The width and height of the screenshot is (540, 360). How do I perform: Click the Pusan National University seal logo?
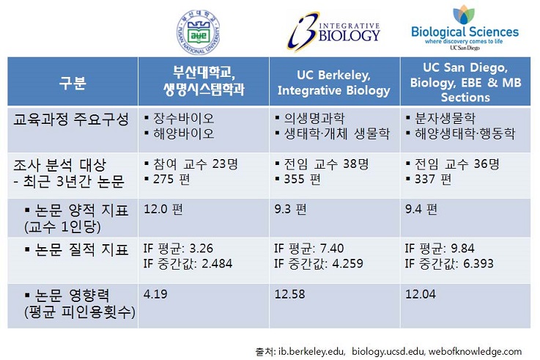(199, 32)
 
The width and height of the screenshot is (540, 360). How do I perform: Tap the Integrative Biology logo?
(333, 32)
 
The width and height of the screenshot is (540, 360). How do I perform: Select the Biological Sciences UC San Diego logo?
(465, 28)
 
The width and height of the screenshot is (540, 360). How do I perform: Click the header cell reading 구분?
(73, 82)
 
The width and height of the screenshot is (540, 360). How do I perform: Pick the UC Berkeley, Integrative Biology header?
(333, 83)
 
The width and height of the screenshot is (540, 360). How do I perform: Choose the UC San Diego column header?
(465, 82)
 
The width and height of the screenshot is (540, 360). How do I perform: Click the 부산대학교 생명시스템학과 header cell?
(204, 81)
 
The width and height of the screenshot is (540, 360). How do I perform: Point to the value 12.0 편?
(163, 209)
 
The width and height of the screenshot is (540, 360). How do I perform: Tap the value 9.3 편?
(290, 209)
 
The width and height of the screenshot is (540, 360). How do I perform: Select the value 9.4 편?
(421, 209)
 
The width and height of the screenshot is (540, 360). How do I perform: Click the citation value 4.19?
(155, 294)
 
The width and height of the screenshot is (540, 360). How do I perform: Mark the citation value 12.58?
(289, 294)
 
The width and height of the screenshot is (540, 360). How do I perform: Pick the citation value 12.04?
(421, 294)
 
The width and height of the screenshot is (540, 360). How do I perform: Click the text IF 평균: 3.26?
(178, 249)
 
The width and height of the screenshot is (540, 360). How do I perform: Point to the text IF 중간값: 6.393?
(449, 264)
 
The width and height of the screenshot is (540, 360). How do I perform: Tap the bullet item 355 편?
(298, 179)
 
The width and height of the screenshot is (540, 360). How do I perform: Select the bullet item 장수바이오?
(180, 119)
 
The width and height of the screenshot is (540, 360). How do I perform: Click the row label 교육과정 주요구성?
(71, 120)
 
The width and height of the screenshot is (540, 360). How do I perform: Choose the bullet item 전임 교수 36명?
(453, 164)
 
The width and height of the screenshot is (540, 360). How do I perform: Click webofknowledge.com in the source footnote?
(475, 351)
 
